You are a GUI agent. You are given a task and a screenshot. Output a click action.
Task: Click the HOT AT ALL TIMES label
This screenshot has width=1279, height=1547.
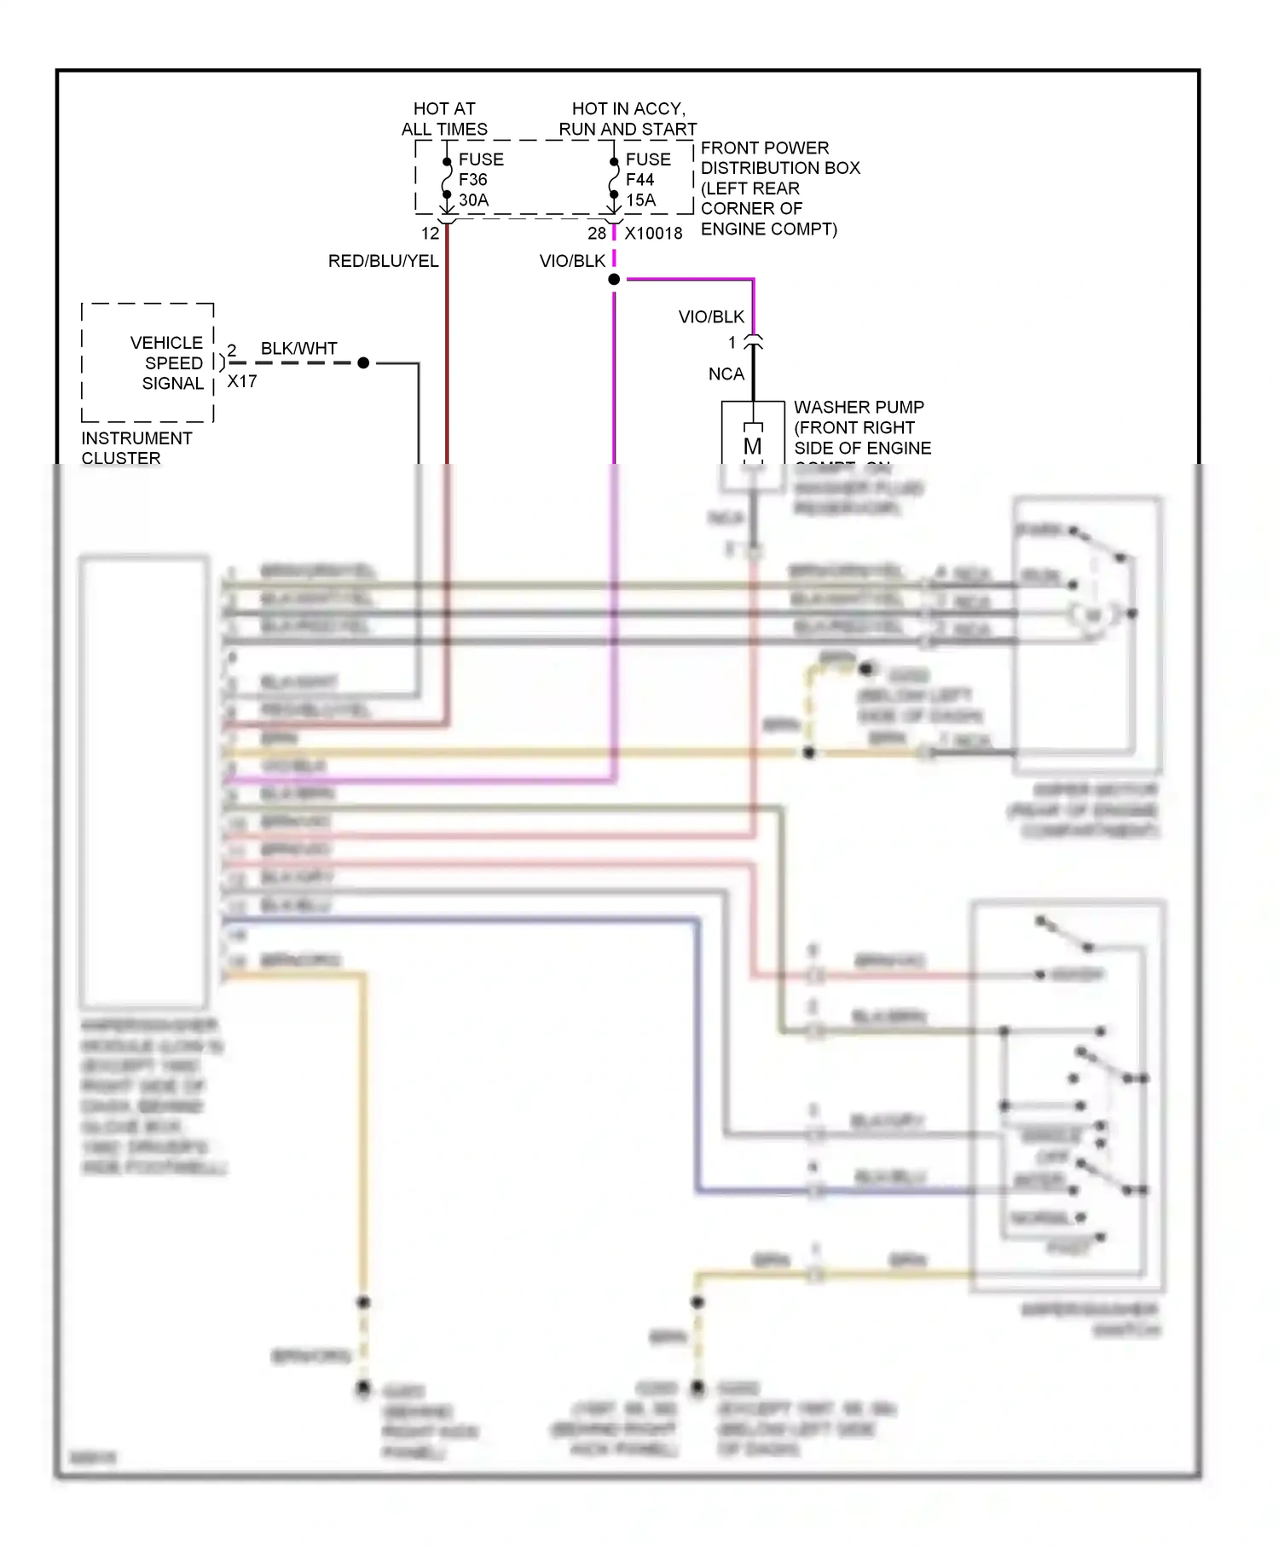(444, 119)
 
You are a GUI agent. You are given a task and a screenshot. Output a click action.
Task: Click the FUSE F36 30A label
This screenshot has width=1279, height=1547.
(480, 180)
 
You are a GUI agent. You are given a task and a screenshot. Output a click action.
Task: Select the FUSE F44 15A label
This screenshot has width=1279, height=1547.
(647, 180)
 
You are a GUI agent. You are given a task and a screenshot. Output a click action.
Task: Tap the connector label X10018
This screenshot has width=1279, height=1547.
(653, 234)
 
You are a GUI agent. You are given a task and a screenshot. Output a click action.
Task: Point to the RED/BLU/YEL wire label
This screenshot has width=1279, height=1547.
(383, 261)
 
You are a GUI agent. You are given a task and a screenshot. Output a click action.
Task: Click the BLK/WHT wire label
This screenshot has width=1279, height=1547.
(298, 349)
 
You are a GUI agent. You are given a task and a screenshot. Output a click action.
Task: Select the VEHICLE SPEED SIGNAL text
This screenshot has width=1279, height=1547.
(168, 363)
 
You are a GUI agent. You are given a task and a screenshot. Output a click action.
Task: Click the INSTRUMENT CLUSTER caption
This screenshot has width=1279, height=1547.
(136, 448)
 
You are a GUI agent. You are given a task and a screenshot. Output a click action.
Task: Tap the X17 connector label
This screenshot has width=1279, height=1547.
(242, 382)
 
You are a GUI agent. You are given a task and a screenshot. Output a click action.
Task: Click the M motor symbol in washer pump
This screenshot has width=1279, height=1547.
(752, 446)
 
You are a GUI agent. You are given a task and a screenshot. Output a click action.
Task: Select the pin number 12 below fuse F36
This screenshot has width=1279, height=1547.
(430, 234)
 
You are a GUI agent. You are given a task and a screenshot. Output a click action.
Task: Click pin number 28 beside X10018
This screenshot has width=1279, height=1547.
(596, 234)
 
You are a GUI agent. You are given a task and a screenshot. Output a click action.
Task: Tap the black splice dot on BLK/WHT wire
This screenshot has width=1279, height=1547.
(363, 363)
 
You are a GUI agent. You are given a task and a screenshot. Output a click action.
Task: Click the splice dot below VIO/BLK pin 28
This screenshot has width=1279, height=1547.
(614, 280)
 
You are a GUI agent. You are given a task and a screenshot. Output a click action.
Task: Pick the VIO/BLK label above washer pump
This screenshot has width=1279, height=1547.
(711, 317)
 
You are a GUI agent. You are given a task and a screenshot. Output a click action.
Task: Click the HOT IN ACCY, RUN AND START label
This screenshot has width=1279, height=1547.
(628, 119)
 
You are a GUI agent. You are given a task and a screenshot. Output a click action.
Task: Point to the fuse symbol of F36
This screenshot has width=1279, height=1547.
(447, 179)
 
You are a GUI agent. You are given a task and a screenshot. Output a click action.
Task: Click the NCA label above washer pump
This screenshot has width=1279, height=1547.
(726, 374)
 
